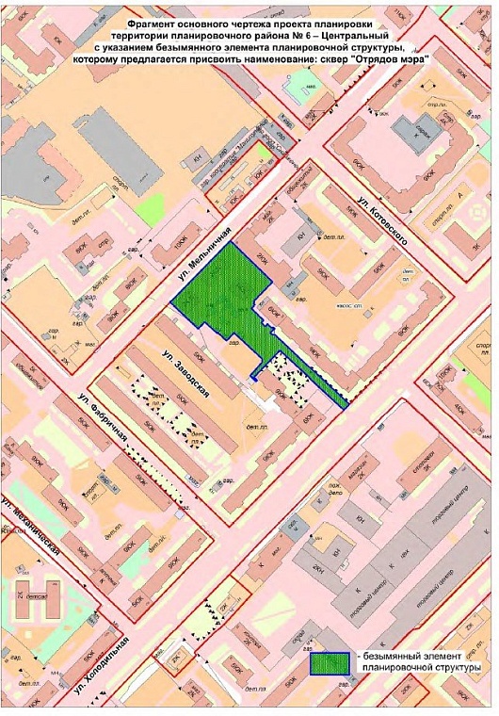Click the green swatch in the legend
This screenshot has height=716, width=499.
click(329, 662)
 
